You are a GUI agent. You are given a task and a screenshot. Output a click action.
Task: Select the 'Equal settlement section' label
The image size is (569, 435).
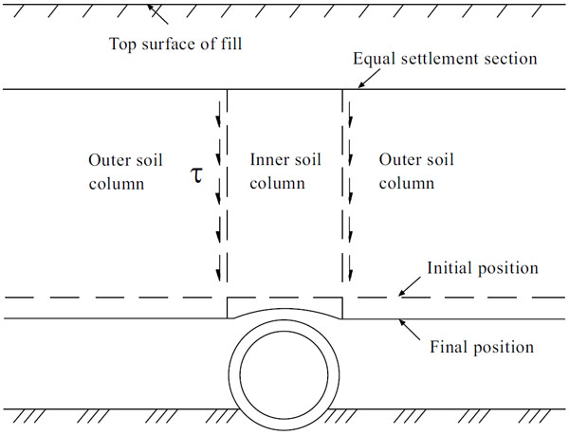[x=445, y=59]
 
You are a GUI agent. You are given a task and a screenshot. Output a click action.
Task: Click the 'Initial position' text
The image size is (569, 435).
[x=483, y=268]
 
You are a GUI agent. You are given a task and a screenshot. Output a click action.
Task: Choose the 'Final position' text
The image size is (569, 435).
[x=483, y=346]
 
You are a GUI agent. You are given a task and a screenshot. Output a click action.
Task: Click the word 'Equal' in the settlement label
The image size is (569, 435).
[x=372, y=59]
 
